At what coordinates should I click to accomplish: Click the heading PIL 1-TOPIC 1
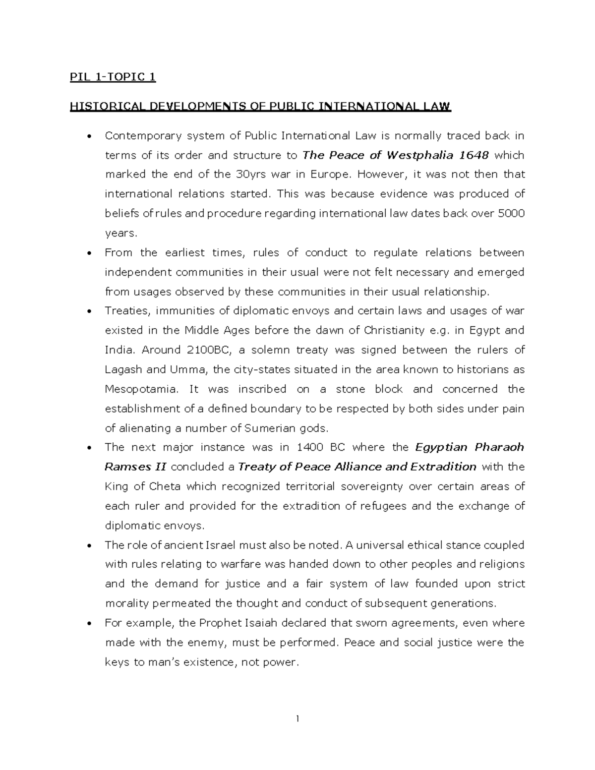tap(113, 77)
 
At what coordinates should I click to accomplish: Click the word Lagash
tap(123, 370)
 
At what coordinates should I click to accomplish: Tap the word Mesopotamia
tap(141, 389)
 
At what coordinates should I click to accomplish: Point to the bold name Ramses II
tap(135, 467)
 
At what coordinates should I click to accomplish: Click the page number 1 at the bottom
tap(297, 719)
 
